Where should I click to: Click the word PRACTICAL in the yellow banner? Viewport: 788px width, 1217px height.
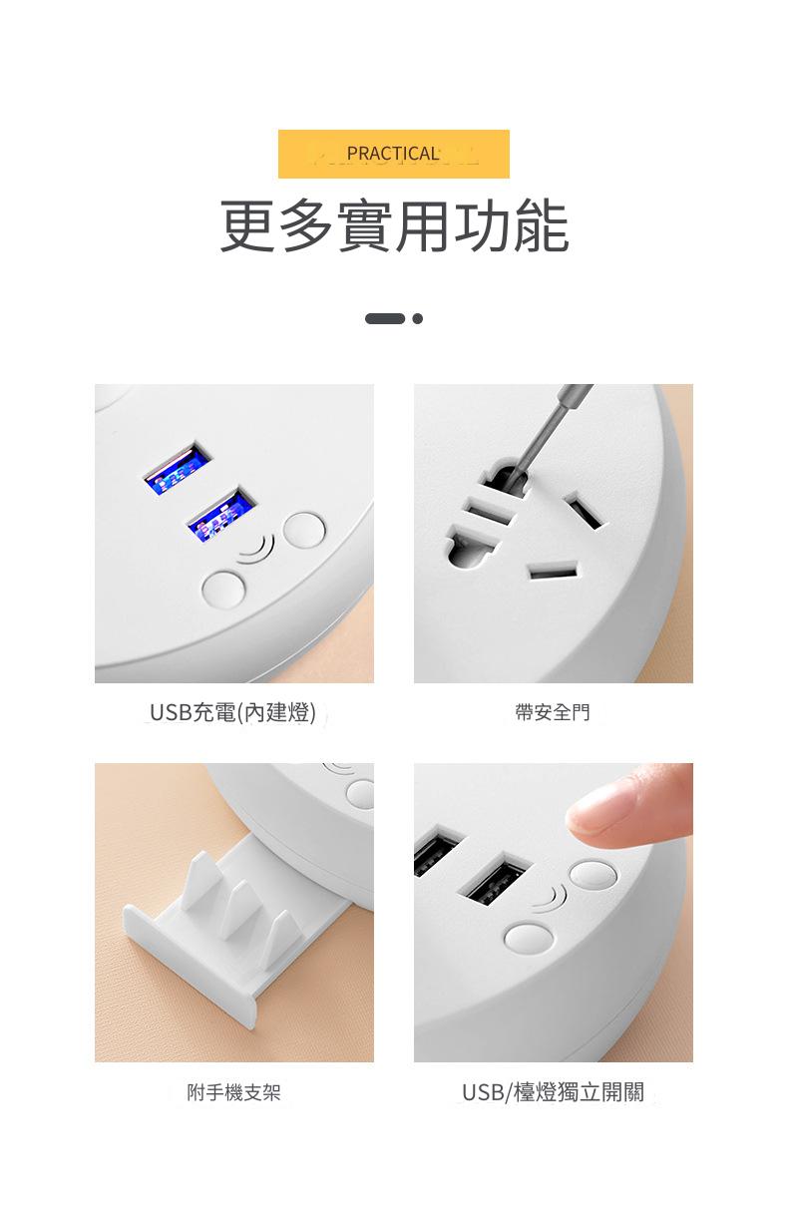(x=393, y=154)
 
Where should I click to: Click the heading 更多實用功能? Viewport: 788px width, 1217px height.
(x=394, y=225)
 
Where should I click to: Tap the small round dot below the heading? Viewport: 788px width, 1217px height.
(x=417, y=319)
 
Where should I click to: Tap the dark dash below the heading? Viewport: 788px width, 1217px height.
(x=385, y=319)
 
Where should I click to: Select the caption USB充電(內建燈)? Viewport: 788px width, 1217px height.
(x=232, y=712)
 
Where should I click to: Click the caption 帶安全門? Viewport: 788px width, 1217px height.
(x=553, y=712)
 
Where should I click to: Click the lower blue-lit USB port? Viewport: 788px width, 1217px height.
(x=221, y=515)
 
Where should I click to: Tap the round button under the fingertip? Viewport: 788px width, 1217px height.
(x=592, y=875)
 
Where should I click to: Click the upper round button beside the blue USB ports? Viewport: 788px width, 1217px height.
(x=304, y=530)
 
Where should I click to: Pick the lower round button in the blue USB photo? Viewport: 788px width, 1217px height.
(x=223, y=589)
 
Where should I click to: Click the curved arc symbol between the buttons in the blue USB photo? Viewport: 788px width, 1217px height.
(x=257, y=549)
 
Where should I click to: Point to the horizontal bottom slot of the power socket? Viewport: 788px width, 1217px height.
(x=553, y=573)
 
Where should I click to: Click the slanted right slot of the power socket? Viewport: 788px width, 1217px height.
(x=584, y=511)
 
